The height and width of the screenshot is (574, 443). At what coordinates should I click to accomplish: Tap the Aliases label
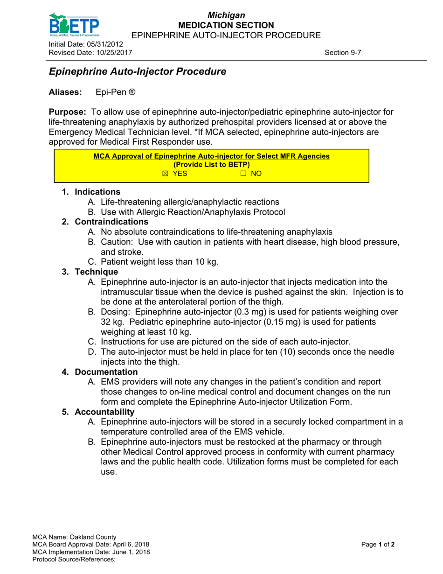click(65, 92)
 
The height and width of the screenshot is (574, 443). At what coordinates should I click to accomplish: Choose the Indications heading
click(97, 192)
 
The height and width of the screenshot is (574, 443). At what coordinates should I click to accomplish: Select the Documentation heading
click(106, 372)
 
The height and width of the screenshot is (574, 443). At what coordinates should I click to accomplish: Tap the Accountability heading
click(104, 412)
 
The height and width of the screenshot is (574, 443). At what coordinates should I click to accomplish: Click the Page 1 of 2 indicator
click(378, 545)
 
